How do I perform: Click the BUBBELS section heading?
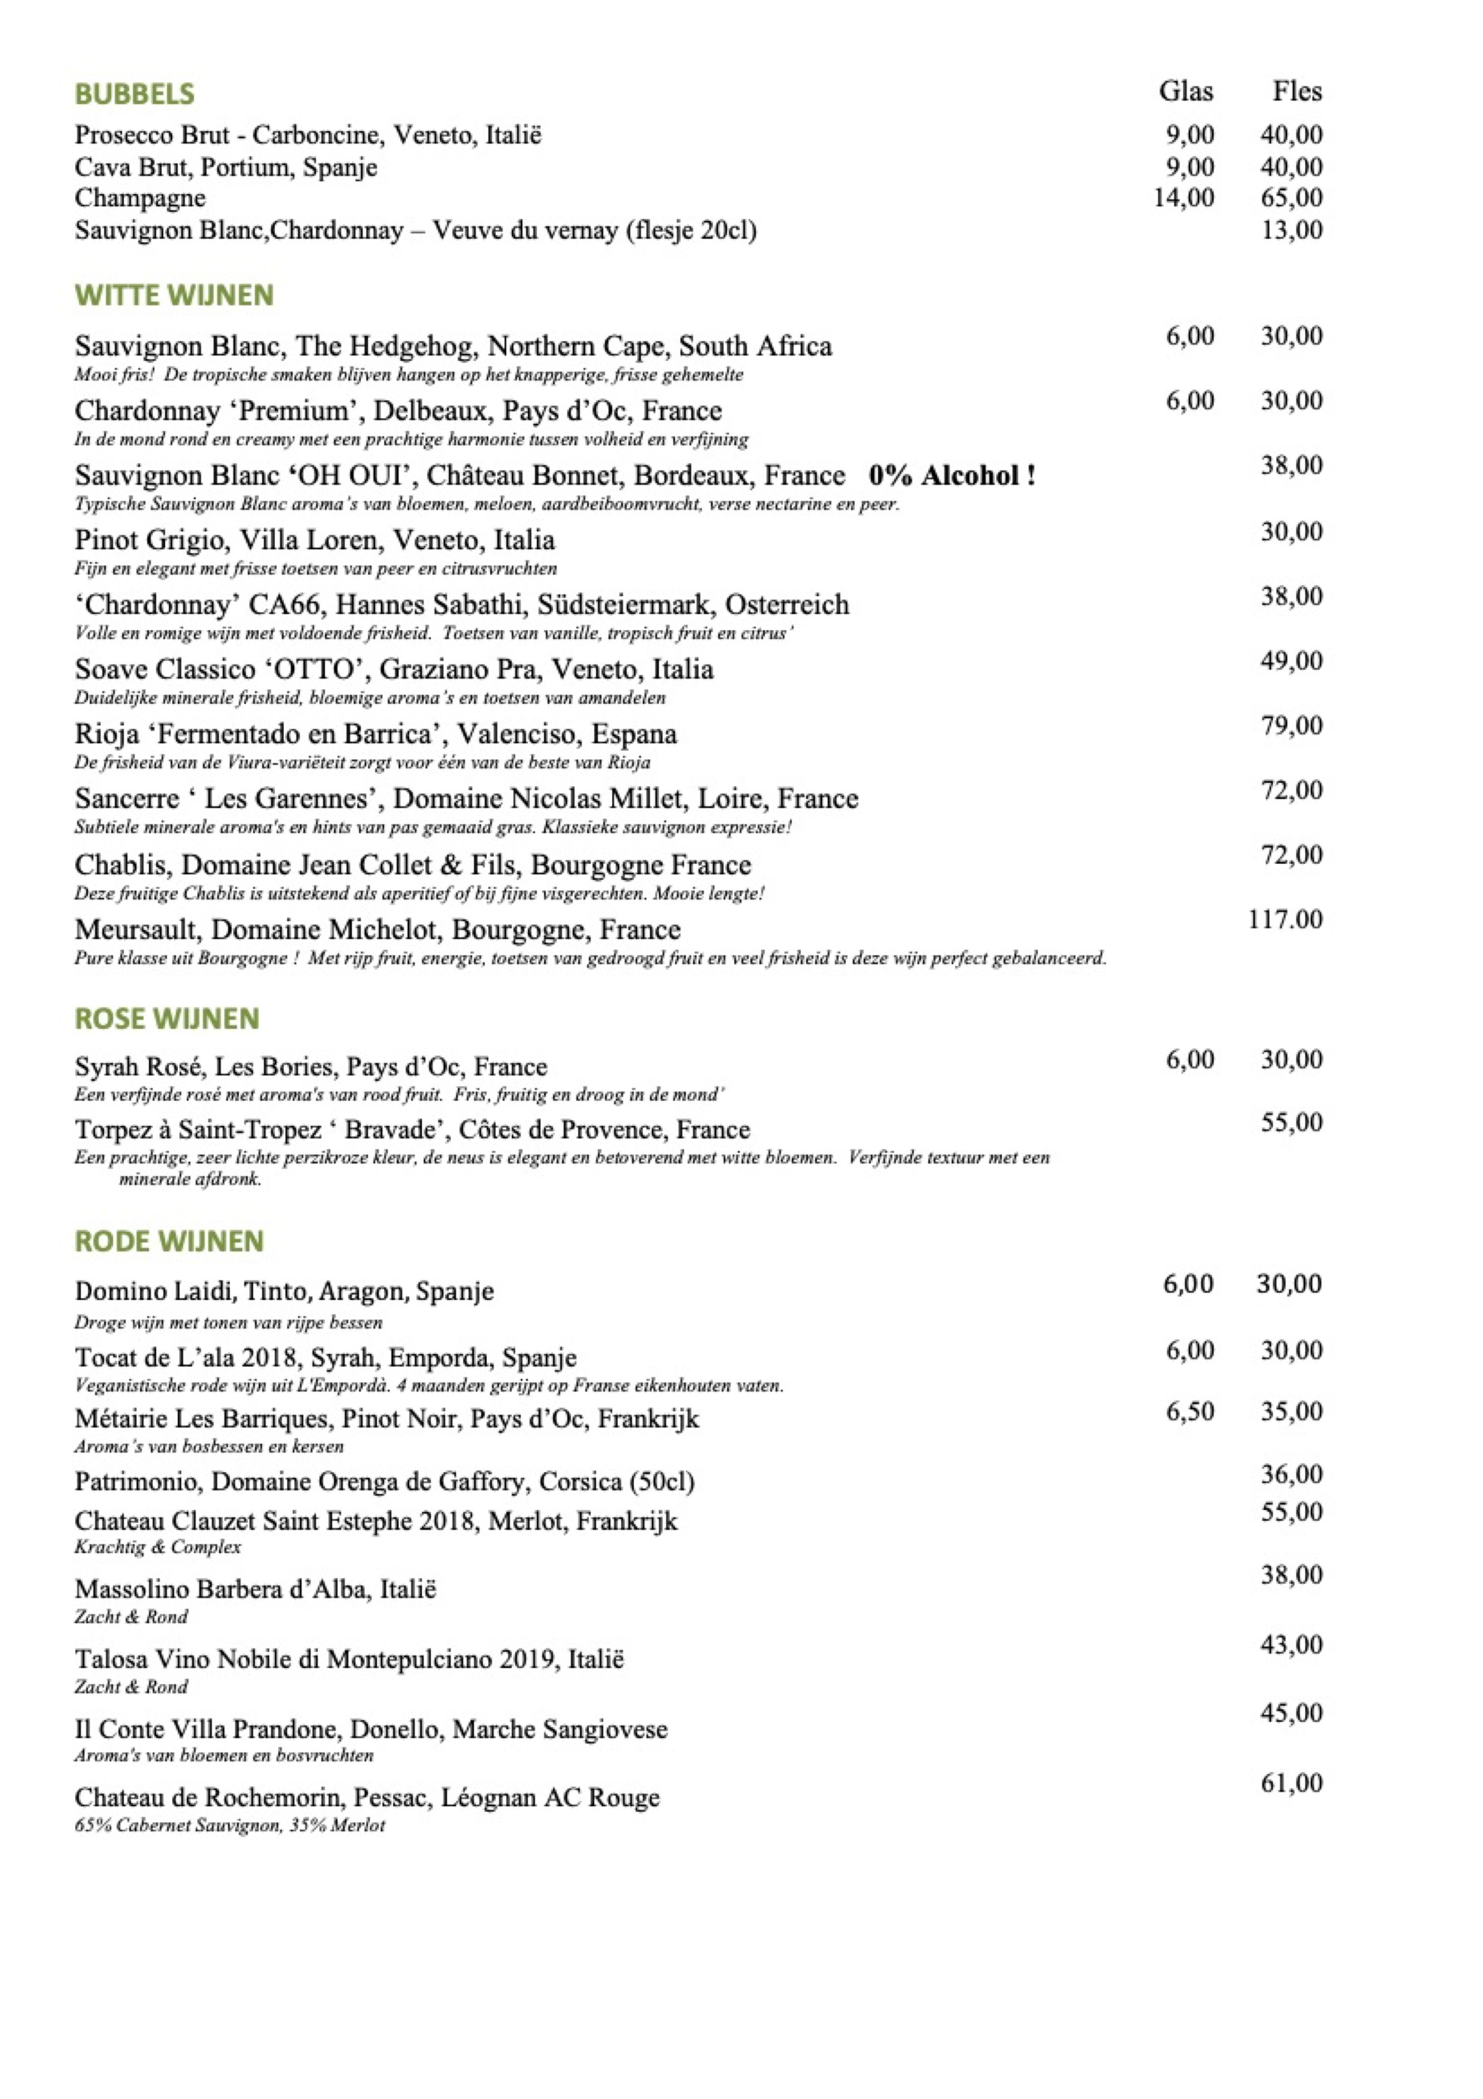click(x=134, y=94)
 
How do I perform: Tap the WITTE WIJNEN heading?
click(x=173, y=296)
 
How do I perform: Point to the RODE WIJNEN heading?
click(x=169, y=1241)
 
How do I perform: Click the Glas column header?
click(x=1185, y=91)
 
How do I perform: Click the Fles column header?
click(x=1297, y=91)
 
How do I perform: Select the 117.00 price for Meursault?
click(x=1285, y=920)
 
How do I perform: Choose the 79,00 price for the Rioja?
click(x=1291, y=726)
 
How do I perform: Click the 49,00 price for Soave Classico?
click(x=1291, y=661)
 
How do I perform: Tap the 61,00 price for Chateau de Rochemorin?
click(x=1291, y=1783)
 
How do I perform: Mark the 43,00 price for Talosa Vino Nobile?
click(x=1291, y=1646)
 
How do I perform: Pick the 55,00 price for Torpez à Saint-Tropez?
click(x=1291, y=1123)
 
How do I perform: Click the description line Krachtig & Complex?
click(x=157, y=1547)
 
